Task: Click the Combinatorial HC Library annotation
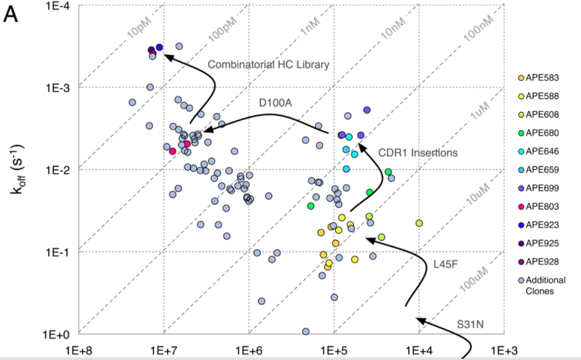[268, 65]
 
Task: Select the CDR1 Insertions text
[418, 152]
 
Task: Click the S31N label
[471, 324]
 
